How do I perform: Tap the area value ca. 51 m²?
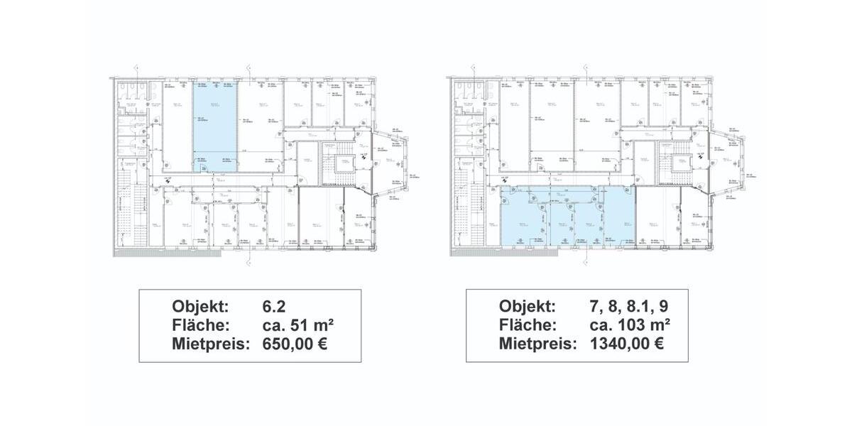click(x=298, y=325)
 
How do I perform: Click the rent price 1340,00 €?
click(x=628, y=344)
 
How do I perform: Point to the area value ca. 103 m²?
click(x=630, y=325)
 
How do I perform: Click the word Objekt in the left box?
click(x=201, y=307)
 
